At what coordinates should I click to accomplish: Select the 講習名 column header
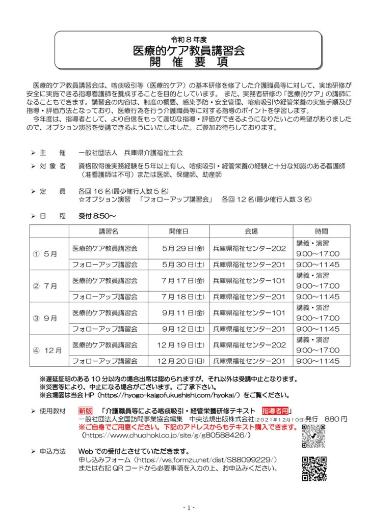[x=108, y=230]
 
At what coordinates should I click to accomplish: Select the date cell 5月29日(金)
[x=183, y=248]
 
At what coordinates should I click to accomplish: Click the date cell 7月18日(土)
[x=183, y=296]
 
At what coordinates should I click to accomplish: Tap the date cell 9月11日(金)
[x=183, y=312]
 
